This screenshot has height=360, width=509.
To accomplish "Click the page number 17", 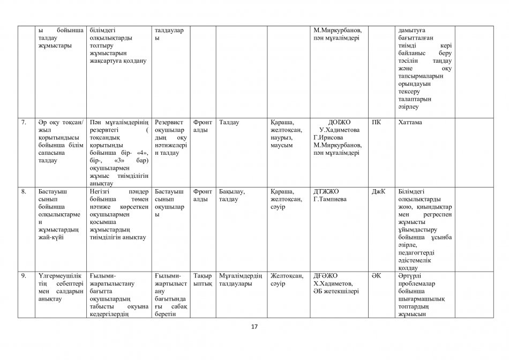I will pos(254,327).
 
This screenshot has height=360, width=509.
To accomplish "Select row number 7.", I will pos(24,122).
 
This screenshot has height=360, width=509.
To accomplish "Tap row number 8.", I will pos(24,191).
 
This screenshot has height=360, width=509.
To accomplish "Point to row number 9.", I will pos(24,276).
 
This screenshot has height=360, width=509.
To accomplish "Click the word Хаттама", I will pos(410,122).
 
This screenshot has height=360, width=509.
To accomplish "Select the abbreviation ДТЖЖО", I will pos(326,191).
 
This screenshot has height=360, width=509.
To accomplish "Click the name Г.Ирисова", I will pos(328,138).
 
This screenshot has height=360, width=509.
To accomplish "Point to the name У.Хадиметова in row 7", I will pos(341,130).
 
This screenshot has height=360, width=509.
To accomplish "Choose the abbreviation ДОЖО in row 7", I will pos(340,122).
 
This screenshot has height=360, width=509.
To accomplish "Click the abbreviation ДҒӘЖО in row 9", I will pos(326,276).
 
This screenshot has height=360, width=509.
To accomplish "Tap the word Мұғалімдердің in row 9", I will pos(241,276).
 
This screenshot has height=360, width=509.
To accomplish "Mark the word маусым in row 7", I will pos(282,145).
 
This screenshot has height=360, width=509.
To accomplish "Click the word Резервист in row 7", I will pos(169,122).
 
